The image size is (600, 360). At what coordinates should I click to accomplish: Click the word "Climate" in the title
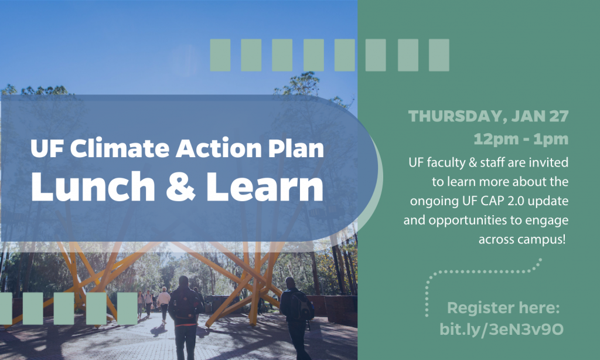[120, 148]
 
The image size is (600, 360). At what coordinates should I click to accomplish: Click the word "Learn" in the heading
[265, 186]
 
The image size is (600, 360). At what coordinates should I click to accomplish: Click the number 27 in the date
[559, 116]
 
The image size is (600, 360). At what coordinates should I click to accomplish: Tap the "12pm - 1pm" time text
[521, 139]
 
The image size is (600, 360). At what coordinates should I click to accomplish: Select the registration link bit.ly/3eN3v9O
[502, 330]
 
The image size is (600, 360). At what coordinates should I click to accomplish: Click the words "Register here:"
[503, 308]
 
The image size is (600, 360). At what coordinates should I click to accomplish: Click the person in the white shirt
[164, 302]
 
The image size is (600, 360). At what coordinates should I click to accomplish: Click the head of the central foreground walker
[183, 281]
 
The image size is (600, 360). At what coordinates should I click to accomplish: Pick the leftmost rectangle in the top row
[220, 55]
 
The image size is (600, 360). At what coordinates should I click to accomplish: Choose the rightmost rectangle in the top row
[439, 55]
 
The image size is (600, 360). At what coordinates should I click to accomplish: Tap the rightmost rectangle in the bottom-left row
[127, 308]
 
